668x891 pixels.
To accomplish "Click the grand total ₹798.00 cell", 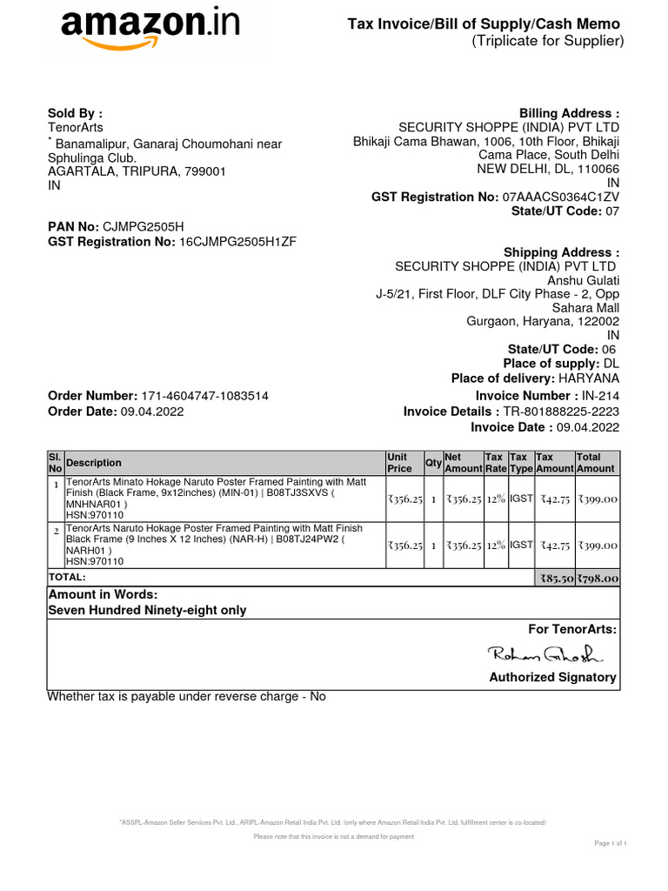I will point(598,578).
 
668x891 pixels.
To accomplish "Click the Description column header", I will point(94,463).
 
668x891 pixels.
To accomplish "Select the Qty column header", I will point(432,463).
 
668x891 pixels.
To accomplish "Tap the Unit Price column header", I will point(399,463).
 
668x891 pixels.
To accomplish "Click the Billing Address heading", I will point(569,114).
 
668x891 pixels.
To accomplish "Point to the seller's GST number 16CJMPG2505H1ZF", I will point(237,241).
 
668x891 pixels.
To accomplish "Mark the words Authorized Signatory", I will point(552,677).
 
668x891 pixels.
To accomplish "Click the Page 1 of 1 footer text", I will point(610,843).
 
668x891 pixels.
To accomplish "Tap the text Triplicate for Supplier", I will point(548,41).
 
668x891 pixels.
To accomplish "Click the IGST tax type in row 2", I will point(521,545).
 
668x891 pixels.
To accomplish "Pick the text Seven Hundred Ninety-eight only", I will point(147,610).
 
